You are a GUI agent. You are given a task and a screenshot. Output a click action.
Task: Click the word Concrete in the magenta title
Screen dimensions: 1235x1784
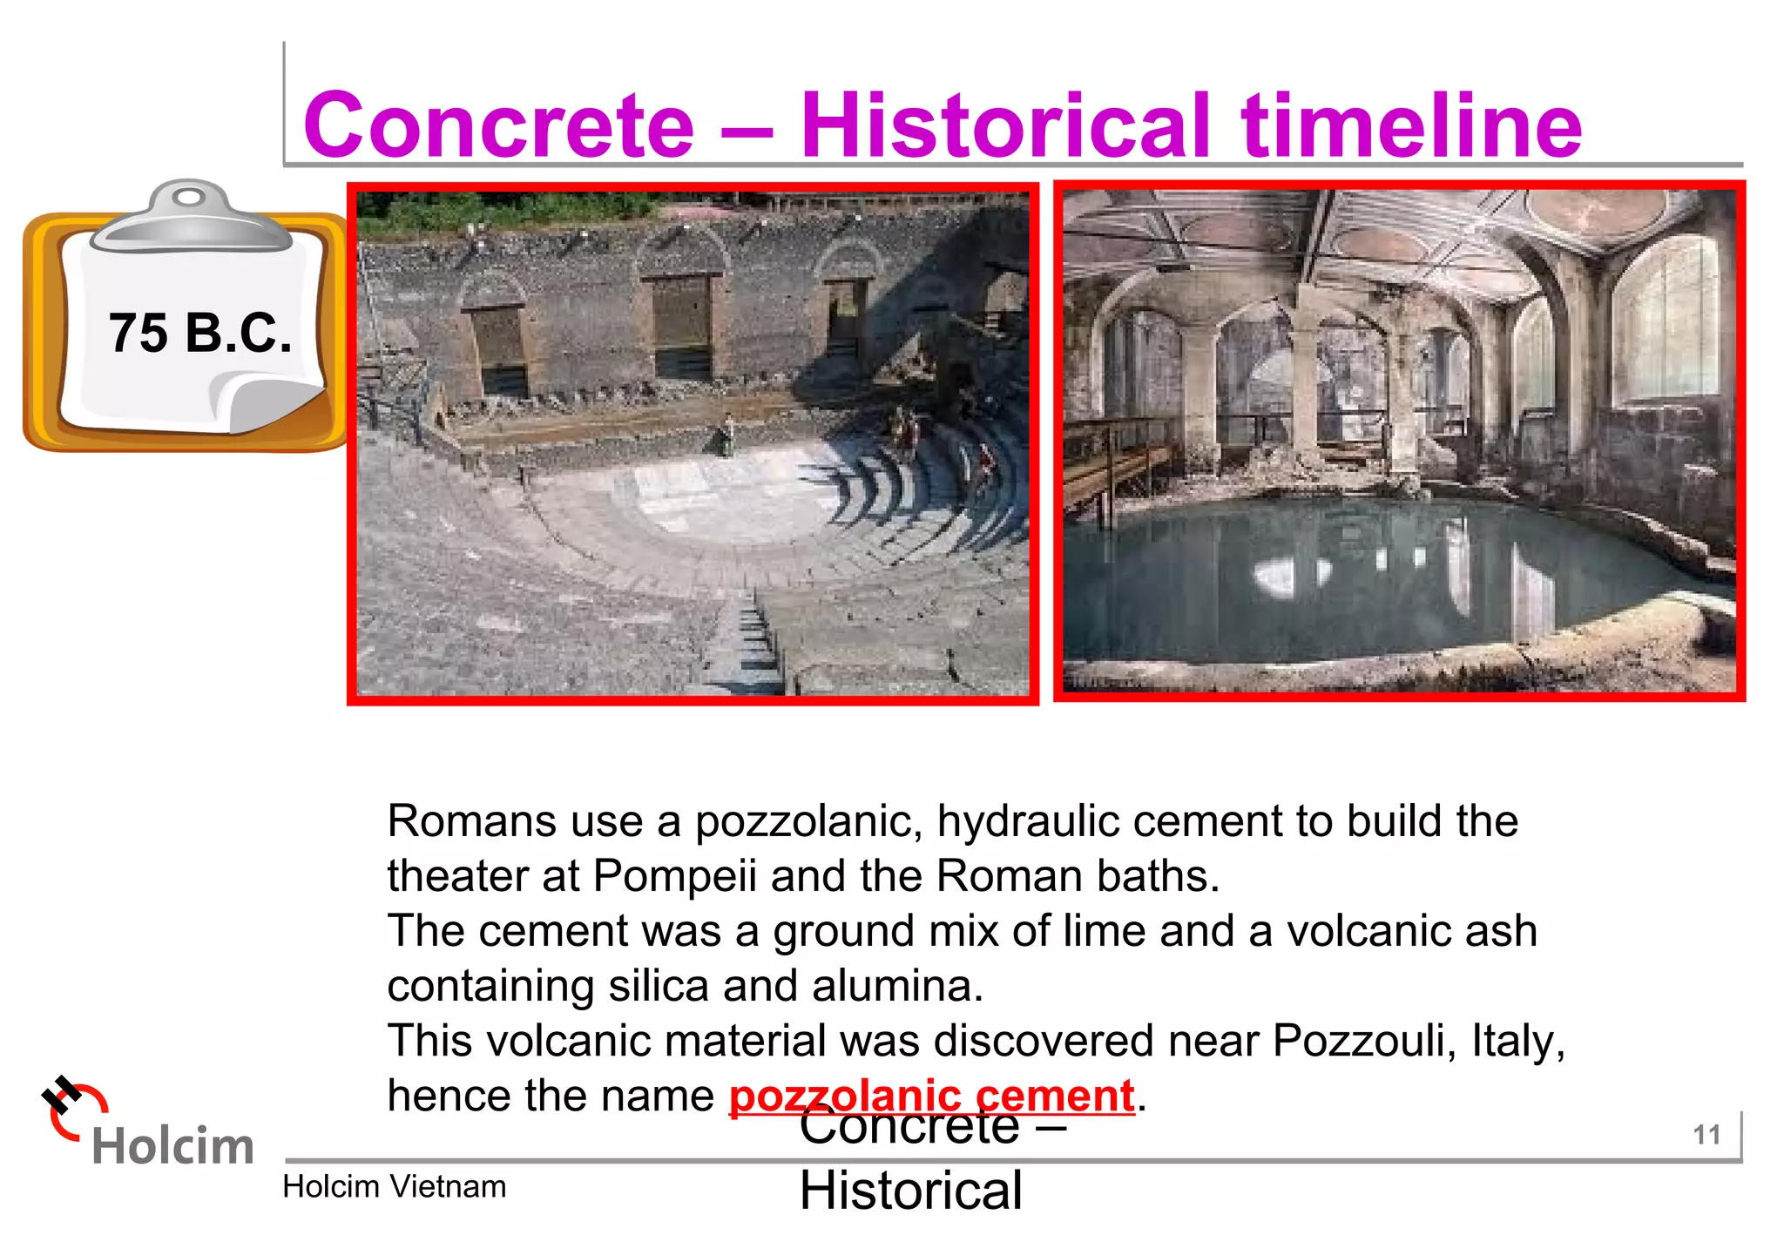[498, 125]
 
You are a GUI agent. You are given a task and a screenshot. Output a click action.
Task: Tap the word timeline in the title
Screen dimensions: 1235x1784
[1411, 125]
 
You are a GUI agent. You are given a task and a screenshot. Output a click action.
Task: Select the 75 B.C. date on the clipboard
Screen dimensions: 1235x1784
[199, 333]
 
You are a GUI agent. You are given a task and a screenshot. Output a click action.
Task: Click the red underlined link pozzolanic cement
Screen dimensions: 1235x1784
[931, 1096]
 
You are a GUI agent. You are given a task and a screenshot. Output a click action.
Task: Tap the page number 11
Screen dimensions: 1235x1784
[1706, 1135]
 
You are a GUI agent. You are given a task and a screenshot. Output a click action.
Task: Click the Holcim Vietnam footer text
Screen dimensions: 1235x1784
[394, 1186]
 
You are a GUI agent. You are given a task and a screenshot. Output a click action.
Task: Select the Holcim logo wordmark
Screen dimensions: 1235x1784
[172, 1145]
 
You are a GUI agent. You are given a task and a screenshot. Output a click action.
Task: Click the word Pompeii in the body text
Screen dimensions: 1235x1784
[674, 875]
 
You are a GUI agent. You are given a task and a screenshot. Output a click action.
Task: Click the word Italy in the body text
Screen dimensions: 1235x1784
[1517, 1040]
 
